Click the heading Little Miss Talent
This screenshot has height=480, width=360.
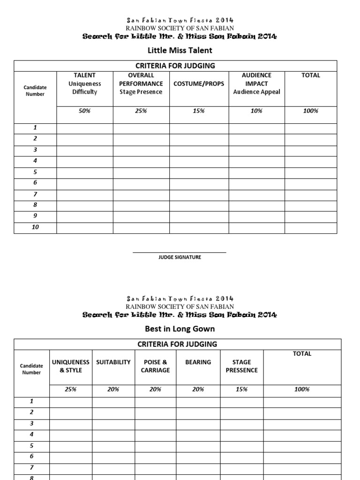[180, 50]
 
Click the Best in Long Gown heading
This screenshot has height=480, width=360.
[180, 329]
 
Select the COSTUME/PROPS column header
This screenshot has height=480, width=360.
[199, 84]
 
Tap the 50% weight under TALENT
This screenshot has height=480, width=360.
[84, 111]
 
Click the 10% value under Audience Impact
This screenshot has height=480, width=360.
[256, 111]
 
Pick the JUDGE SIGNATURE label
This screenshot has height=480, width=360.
[180, 257]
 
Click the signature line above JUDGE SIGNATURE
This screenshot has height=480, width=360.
[180, 252]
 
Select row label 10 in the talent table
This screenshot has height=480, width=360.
[35, 227]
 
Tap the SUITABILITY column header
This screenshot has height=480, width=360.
[113, 362]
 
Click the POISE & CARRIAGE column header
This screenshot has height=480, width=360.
[156, 366]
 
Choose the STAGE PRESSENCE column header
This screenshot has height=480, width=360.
[242, 366]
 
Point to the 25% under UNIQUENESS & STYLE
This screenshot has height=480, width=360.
[71, 390]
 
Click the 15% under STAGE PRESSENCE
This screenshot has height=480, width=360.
[242, 390]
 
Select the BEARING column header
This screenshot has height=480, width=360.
[198, 362]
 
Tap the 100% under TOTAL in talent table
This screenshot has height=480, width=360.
[310, 111]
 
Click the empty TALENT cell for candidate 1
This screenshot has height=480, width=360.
[84, 128]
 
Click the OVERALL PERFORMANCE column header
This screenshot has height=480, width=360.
[141, 83]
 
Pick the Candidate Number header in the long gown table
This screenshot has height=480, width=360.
[31, 369]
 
